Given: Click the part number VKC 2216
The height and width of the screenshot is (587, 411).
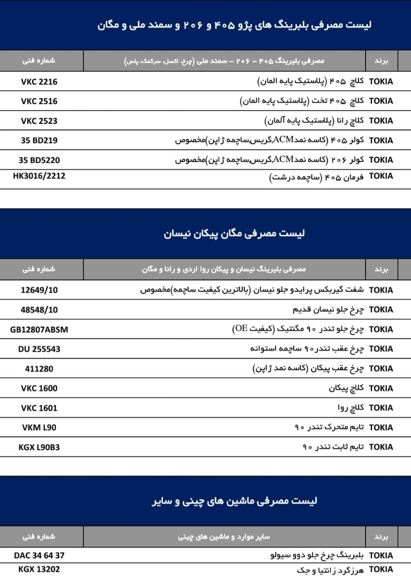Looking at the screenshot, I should [x=39, y=82].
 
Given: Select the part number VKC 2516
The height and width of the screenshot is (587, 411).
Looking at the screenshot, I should [x=39, y=101].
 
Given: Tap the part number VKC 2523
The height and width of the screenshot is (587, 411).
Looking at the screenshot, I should [x=39, y=121].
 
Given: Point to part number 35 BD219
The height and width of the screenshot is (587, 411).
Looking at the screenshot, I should [x=39, y=140].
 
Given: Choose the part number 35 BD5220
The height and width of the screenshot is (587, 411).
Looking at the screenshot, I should [x=39, y=160].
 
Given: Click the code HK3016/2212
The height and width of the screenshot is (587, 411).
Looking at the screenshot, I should [x=39, y=176].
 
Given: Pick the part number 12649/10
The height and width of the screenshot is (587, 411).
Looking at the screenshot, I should [x=39, y=290].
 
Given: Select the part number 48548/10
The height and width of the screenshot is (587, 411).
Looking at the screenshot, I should [x=39, y=310].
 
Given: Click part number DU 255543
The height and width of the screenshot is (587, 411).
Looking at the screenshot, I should [x=39, y=349].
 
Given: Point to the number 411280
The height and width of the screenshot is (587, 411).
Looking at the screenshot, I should [x=39, y=369].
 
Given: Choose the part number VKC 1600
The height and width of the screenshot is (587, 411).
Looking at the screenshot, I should [x=39, y=388].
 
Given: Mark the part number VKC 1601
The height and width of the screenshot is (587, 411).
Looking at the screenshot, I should [x=39, y=408].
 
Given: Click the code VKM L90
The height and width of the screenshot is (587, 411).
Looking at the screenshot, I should [x=39, y=427].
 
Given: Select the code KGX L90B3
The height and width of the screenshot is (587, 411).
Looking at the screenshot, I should [x=39, y=447].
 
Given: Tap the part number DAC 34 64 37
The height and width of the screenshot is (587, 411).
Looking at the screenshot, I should [x=39, y=555].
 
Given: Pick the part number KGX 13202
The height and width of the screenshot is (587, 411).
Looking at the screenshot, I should [x=39, y=569].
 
